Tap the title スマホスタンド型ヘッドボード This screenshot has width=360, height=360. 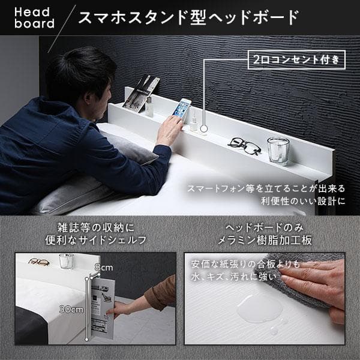(x=188, y=17)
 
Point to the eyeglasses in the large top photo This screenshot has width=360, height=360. (x=244, y=145)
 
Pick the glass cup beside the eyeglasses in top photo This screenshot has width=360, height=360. (x=278, y=151)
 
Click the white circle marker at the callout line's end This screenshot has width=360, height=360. (x=205, y=128)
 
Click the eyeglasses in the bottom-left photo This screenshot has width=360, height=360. (x=40, y=262)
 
